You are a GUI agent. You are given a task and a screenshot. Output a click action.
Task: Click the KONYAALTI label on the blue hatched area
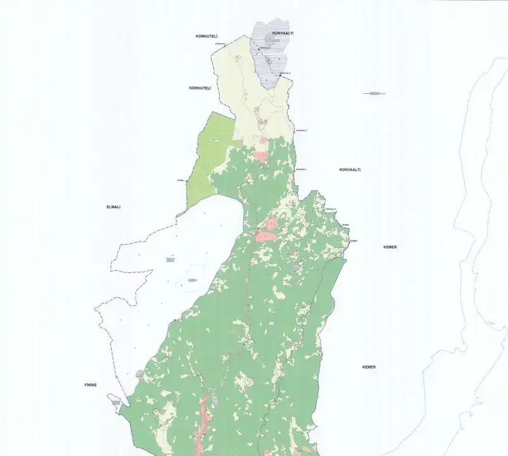pyautogui.click(x=282, y=32)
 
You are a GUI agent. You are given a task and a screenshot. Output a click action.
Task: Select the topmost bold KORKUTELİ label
pyautogui.click(x=206, y=37)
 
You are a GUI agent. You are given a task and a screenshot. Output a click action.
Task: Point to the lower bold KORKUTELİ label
pyautogui.click(x=200, y=87)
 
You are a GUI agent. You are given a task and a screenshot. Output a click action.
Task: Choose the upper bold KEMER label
pyautogui.click(x=390, y=247)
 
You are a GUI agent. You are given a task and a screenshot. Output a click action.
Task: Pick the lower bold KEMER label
pyautogui.click(x=369, y=367)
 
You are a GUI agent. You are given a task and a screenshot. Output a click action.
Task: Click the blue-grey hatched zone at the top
pyautogui.click(x=271, y=57)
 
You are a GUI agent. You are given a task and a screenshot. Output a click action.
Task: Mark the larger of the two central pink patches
pyautogui.click(x=266, y=236)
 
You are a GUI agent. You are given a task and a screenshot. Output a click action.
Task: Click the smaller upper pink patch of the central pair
pyautogui.click(x=272, y=223)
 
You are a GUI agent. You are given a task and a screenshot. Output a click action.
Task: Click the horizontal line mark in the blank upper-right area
pyautogui.click(x=375, y=93)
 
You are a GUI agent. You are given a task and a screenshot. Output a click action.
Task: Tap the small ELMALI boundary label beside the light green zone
pyautogui.click(x=181, y=180)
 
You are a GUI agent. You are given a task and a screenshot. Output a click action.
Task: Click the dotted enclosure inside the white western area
pyautogui.click(x=191, y=279)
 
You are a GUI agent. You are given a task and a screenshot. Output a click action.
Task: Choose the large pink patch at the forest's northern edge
pyautogui.click(x=260, y=155)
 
